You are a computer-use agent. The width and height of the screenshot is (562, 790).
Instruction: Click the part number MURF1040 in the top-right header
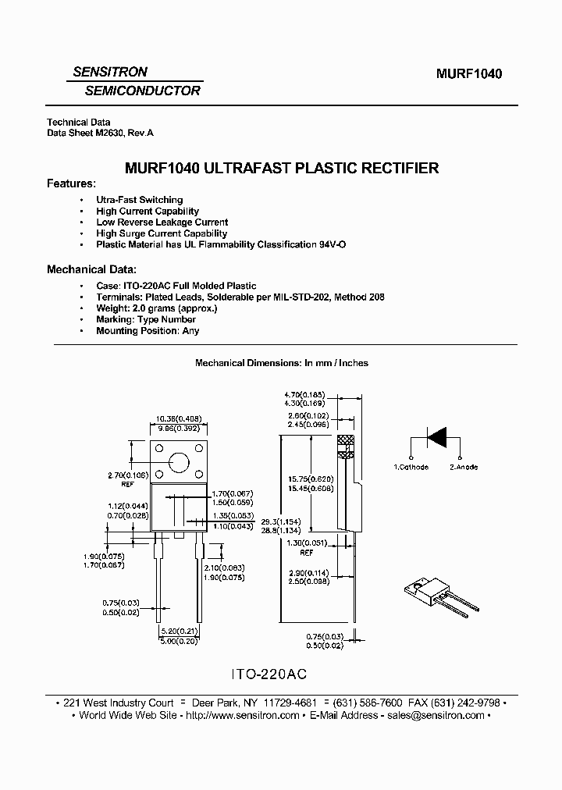coord(468,74)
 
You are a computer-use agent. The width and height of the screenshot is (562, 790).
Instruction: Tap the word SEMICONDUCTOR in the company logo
coord(142,91)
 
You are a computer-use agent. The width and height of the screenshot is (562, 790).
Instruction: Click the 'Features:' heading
coord(71,183)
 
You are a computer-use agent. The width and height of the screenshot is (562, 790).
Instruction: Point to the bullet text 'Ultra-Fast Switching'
coord(139,200)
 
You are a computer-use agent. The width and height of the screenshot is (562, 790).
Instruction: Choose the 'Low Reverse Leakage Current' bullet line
coord(162,222)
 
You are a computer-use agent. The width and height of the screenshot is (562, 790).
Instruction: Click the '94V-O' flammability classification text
coord(332,244)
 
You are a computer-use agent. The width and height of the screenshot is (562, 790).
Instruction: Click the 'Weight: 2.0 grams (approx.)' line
coord(156,308)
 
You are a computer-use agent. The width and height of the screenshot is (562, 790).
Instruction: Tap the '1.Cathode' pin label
coord(411,467)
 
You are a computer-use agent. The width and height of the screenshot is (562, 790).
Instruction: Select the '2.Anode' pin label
coord(463,467)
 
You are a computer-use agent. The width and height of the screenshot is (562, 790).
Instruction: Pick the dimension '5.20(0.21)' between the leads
coord(180,631)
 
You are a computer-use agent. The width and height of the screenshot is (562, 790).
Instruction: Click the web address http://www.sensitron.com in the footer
coord(241,716)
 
